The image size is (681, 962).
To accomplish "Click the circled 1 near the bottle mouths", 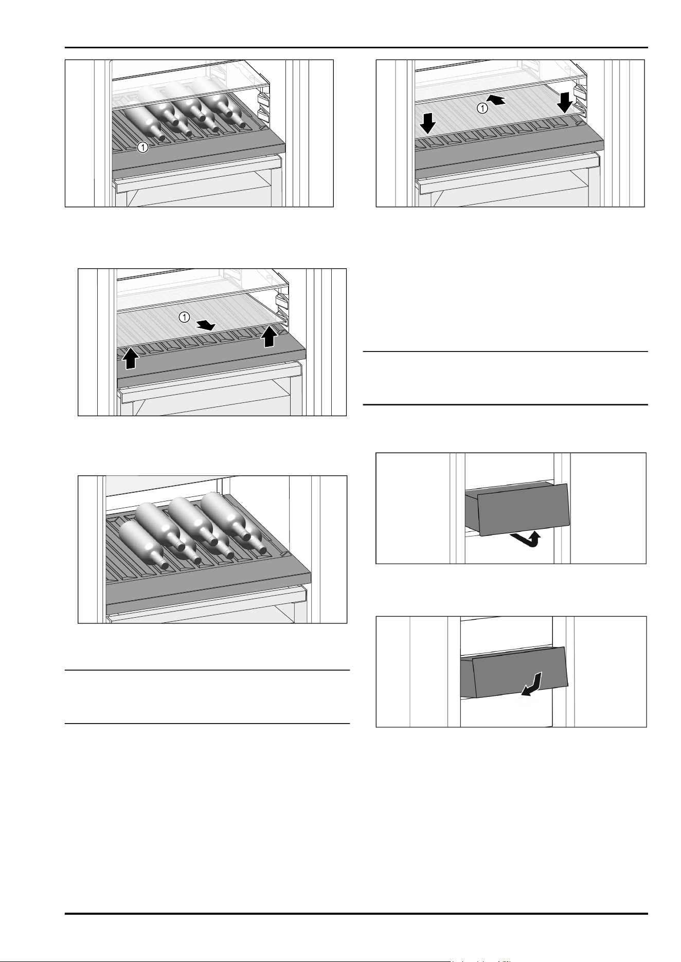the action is point(143,147).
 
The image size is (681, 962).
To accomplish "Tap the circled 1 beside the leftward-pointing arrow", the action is point(482,108).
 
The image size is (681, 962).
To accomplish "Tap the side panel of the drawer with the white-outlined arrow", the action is point(467,676).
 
